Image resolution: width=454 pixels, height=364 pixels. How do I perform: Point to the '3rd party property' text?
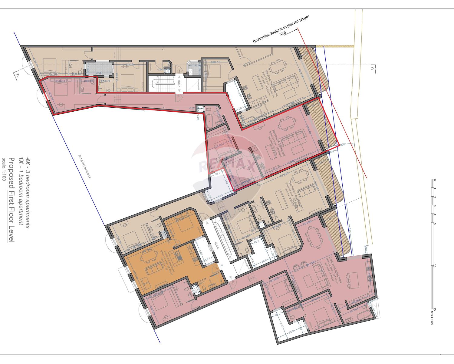[85, 166]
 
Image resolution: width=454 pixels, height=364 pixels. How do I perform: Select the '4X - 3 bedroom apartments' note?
[28, 193]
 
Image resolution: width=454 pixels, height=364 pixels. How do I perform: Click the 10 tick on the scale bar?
[435, 266]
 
